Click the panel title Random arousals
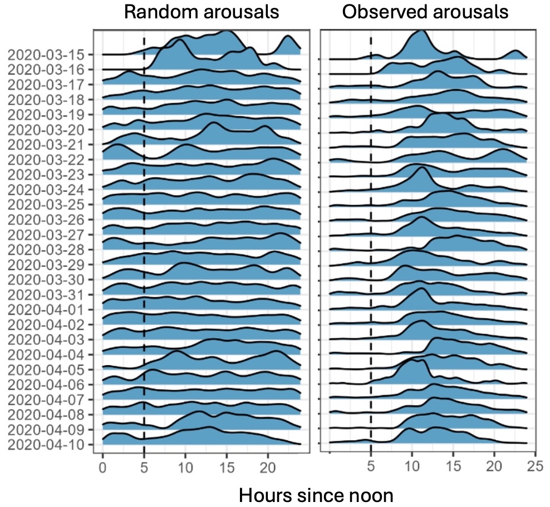pyautogui.click(x=201, y=12)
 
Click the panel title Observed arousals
pyautogui.click(x=425, y=12)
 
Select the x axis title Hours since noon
pyautogui.click(x=316, y=494)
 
